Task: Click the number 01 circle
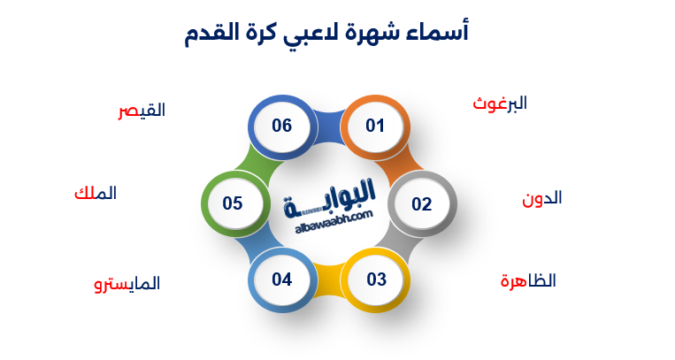[x=375, y=126]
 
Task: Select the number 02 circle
[x=421, y=204]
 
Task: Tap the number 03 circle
[x=376, y=280]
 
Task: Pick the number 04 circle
[x=281, y=280]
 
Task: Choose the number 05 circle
[x=233, y=203]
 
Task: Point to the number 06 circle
[x=281, y=126]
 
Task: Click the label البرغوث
[x=500, y=103]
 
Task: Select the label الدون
[x=541, y=198]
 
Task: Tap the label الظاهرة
[x=527, y=281]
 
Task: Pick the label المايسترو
[x=127, y=284]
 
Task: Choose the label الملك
[x=95, y=193]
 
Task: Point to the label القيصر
[x=142, y=111]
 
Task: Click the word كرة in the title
[x=263, y=34]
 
